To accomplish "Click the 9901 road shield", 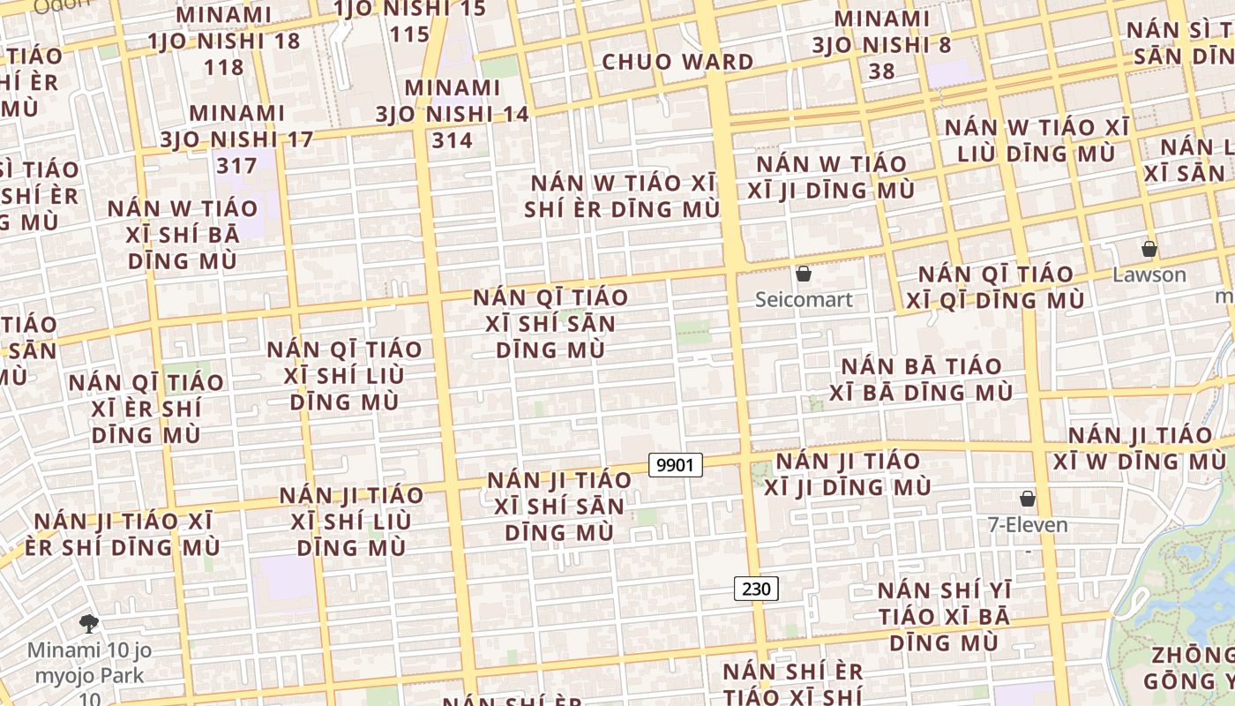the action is (x=676, y=464).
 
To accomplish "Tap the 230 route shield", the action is (x=756, y=589).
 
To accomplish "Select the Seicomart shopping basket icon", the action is (x=804, y=274).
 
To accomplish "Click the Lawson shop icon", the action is (x=1149, y=249).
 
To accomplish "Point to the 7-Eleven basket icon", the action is (x=1027, y=499).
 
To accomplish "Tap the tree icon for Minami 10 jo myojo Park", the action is (x=88, y=624).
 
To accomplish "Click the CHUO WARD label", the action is (x=677, y=62).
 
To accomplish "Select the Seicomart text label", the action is (x=804, y=300).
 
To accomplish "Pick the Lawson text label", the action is (x=1149, y=274).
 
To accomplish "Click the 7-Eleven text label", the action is (x=1027, y=525).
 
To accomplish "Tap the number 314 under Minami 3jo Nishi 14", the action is (x=453, y=139).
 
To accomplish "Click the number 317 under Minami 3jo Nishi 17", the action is (x=237, y=165).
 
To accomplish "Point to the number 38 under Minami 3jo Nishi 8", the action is (x=881, y=71).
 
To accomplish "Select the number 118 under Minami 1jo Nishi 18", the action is (x=223, y=67).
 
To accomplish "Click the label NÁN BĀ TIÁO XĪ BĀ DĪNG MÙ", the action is (x=921, y=379).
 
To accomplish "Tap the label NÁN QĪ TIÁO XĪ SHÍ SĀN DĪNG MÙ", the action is (x=550, y=323).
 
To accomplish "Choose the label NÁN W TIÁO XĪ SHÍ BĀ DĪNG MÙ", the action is (x=183, y=235).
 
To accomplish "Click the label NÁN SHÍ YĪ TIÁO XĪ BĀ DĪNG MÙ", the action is (x=944, y=616).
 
